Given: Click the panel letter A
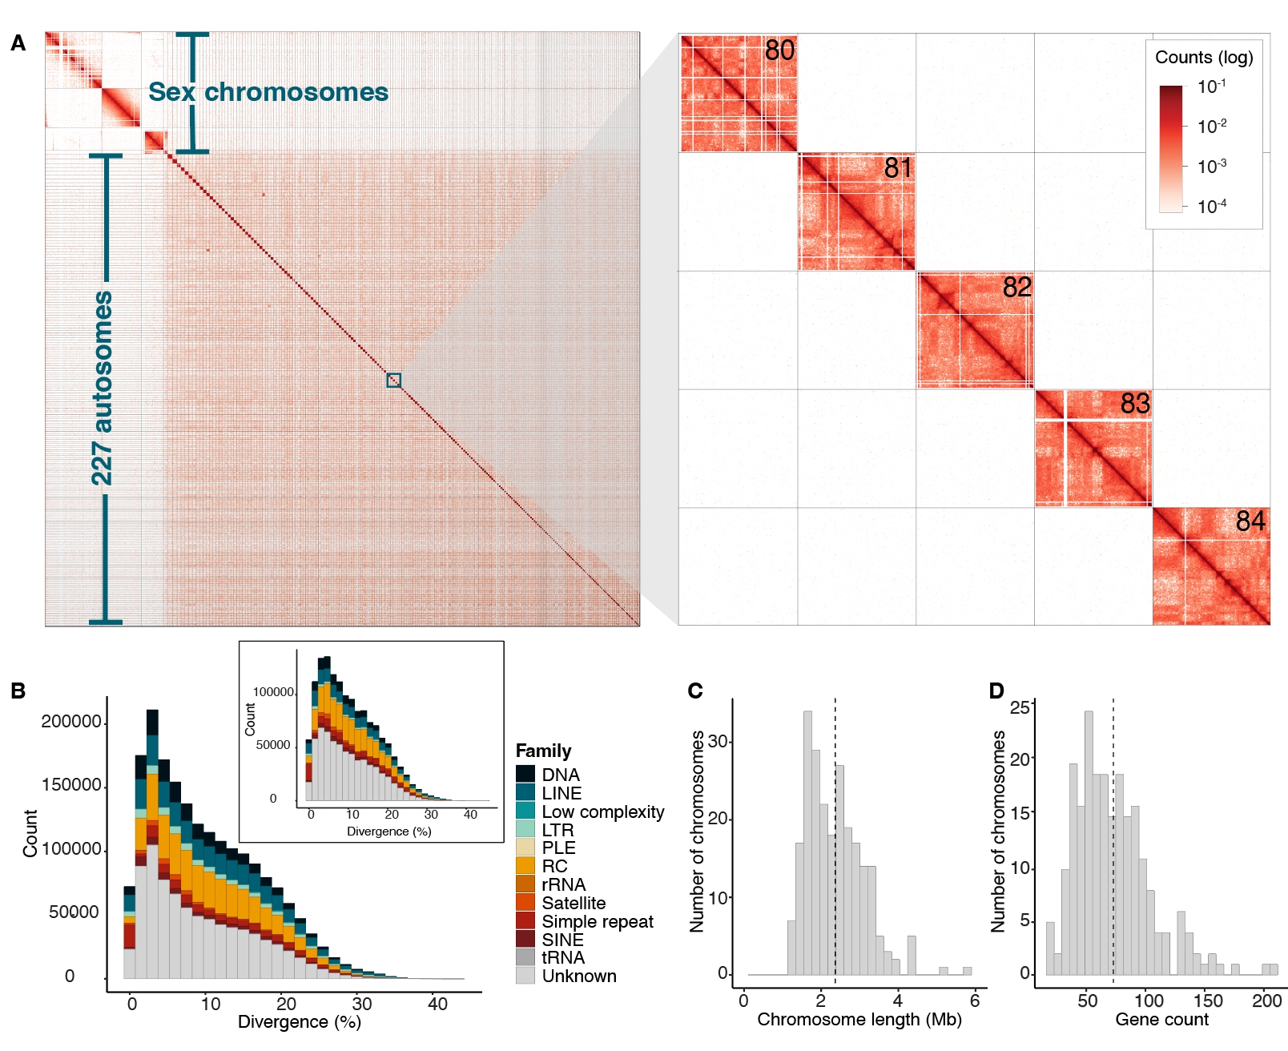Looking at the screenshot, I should (18, 43).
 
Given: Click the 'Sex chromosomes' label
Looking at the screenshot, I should (268, 92).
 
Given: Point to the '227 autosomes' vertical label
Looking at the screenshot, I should (102, 388).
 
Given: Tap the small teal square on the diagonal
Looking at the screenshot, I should (393, 381).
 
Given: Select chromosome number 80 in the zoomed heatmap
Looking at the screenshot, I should (779, 50).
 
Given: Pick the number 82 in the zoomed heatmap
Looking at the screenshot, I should (1016, 287).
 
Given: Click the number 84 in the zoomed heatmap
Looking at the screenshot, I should (1250, 521).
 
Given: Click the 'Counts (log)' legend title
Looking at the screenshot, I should (1204, 58).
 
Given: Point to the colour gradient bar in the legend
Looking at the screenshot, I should (1170, 148).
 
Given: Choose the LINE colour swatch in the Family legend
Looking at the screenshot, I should (525, 792).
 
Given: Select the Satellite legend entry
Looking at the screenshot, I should (574, 903).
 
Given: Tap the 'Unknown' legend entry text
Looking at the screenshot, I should (579, 976).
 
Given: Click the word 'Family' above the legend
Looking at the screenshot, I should (543, 751).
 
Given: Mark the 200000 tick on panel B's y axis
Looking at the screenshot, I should (71, 722).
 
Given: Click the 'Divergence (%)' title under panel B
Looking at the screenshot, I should (299, 1022).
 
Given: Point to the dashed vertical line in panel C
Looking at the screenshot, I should (835, 841).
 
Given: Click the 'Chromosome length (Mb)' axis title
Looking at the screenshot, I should (859, 1020).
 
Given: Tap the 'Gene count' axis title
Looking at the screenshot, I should (1161, 1020).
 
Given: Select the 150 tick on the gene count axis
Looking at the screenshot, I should (1208, 1001).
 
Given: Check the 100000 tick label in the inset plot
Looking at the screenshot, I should (273, 692).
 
